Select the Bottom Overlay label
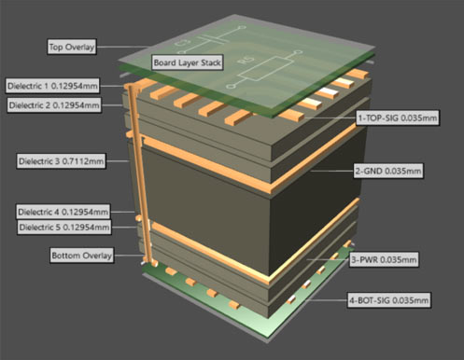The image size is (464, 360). coord(81,256)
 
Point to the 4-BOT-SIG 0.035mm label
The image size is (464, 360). coord(388,300)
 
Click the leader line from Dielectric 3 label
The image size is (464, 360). coord(117,160)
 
